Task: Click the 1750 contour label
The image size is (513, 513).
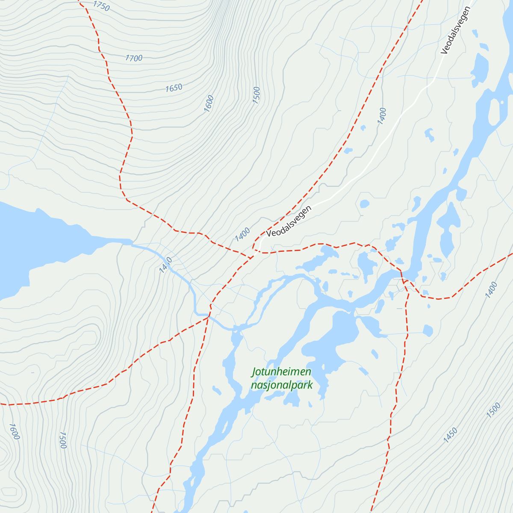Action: [x=101, y=6]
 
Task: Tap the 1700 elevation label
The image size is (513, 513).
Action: [x=134, y=58]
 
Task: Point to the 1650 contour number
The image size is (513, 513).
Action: [x=174, y=88]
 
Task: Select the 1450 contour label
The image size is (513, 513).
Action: [x=450, y=435]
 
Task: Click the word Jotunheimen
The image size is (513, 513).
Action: [x=281, y=372]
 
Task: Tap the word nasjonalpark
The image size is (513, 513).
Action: [x=282, y=385]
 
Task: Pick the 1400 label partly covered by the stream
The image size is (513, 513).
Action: [x=165, y=265]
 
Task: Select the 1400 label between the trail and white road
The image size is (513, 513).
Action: [x=382, y=116]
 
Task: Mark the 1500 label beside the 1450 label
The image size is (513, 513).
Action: [x=493, y=410]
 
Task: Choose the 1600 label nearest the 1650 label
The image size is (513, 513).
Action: [x=209, y=103]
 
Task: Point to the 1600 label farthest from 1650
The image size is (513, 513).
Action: [x=14, y=431]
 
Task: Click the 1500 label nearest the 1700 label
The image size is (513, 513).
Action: [x=256, y=95]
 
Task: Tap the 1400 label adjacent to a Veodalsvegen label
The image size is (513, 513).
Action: [x=242, y=234]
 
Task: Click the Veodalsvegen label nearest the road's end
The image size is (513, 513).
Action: [x=289, y=221]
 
